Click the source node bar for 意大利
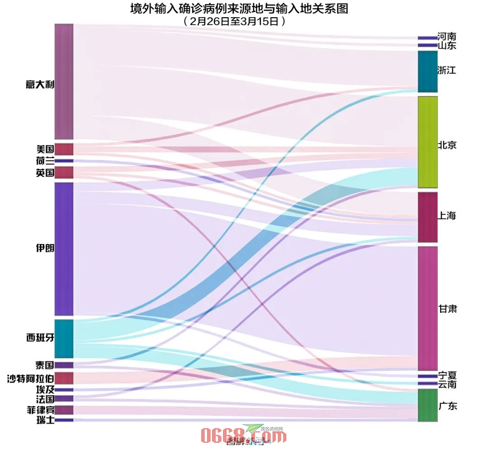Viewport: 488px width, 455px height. tap(64, 81)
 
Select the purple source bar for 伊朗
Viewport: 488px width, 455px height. tap(64, 249)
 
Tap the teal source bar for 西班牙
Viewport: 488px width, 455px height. tap(64, 339)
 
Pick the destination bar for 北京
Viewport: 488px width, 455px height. tap(427, 142)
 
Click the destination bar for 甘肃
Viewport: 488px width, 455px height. tap(427, 308)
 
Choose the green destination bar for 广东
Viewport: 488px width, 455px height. tap(427, 405)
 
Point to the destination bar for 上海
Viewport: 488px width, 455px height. tap(427, 217)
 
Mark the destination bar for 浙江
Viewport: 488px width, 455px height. tap(427, 72)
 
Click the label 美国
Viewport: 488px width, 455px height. tap(45, 149)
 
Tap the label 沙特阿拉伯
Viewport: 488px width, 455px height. tap(31, 378)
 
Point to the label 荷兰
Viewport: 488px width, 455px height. tap(45, 161)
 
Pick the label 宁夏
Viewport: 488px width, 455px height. tap(447, 376)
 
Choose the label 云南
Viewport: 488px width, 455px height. tap(447, 384)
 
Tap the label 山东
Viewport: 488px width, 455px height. tap(447, 46)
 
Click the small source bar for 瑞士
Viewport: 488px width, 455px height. tap(64, 420)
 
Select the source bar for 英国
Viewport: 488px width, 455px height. tap(64, 172)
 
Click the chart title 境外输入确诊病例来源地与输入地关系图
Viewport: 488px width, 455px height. tap(239, 9)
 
